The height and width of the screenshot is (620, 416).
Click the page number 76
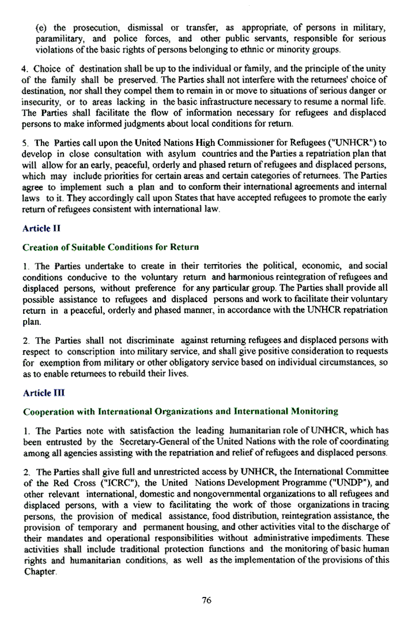(207, 600)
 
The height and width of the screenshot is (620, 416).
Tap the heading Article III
(39, 393)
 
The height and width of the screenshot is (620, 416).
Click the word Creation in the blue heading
(41, 247)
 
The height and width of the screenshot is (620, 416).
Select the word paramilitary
(60, 39)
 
